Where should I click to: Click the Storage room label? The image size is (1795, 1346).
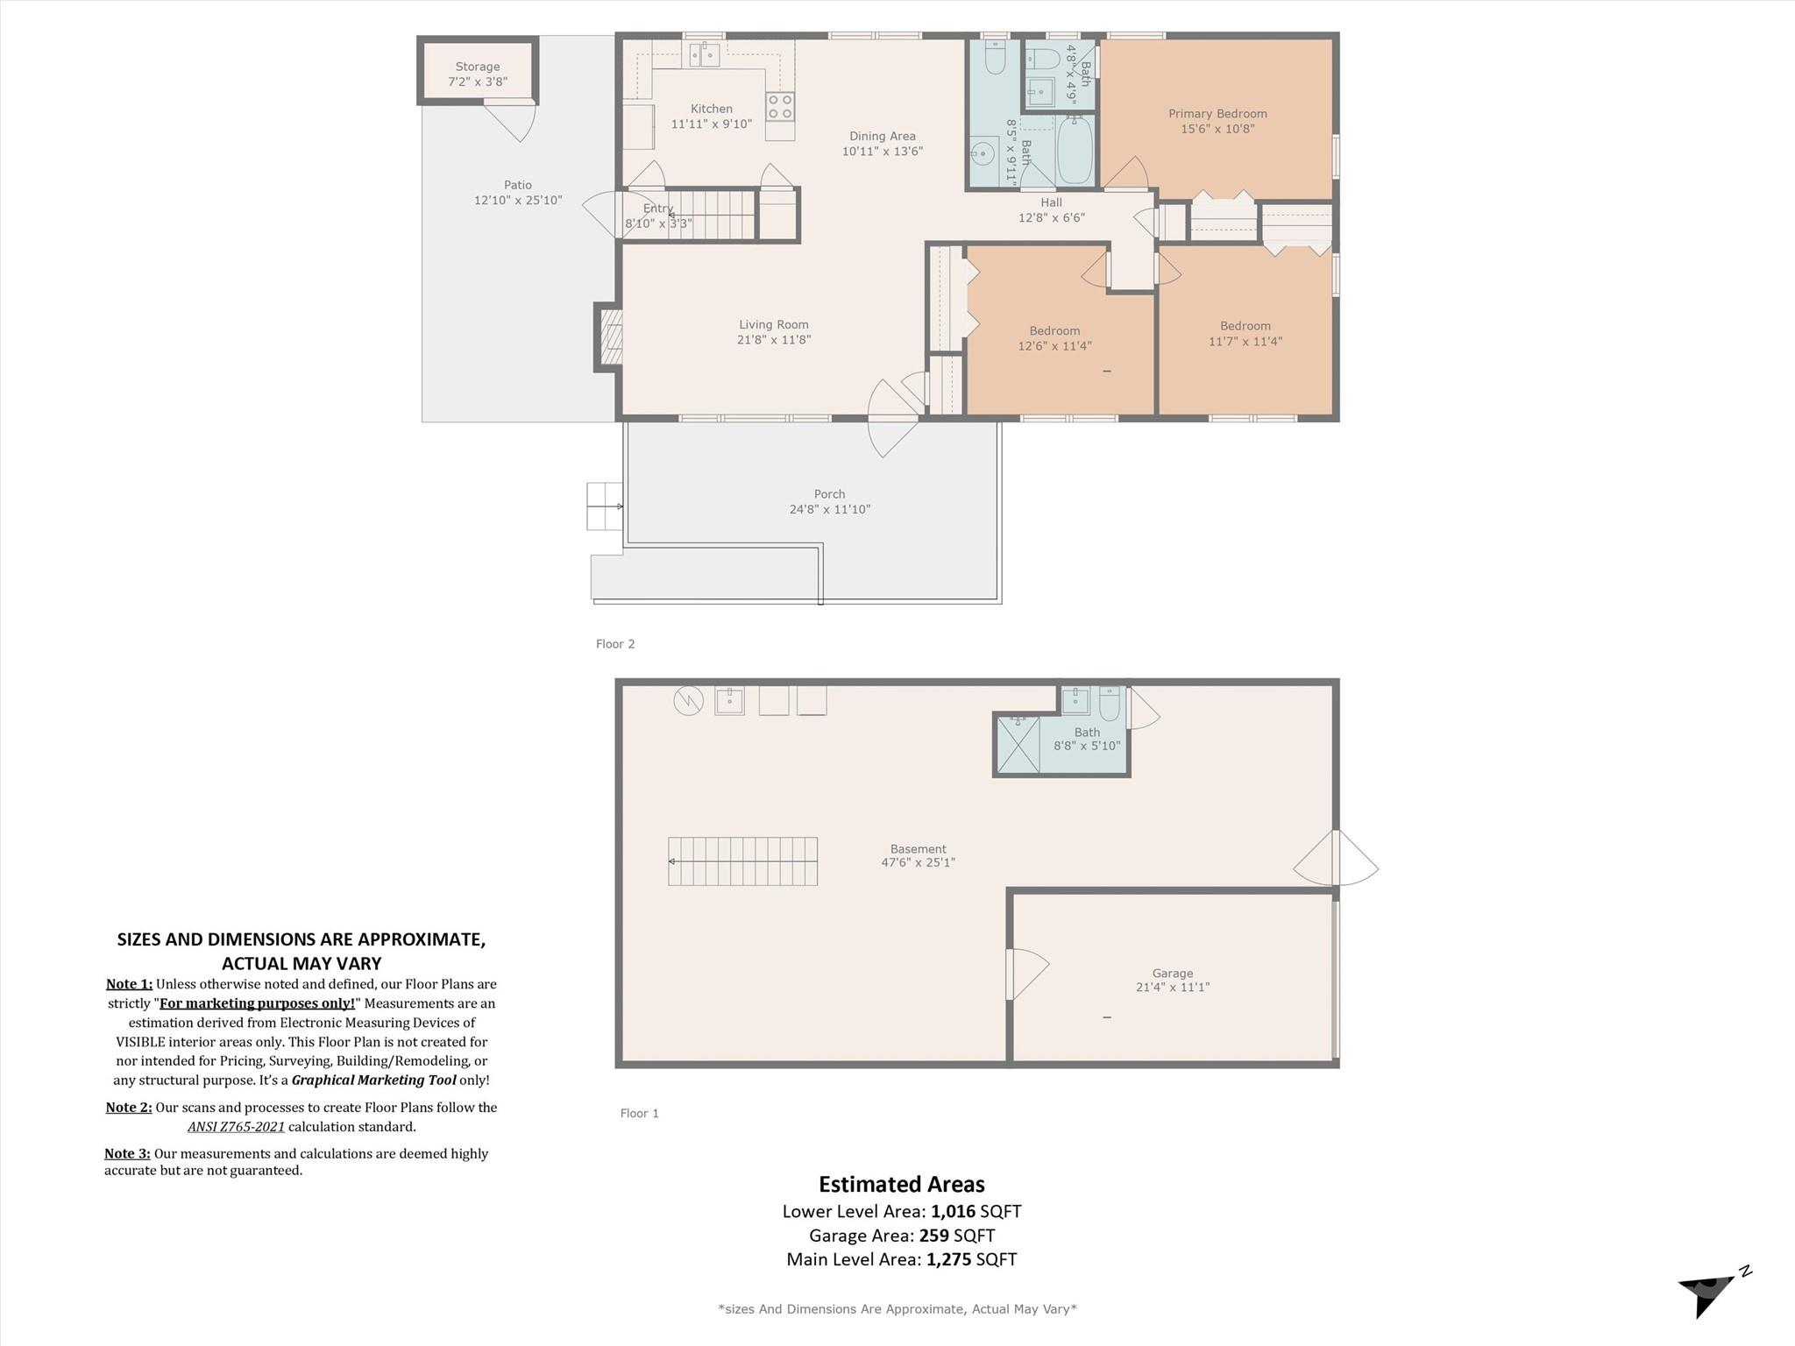tap(477, 67)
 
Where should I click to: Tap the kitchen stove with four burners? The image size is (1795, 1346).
tap(780, 107)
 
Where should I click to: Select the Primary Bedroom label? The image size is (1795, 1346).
tap(1217, 114)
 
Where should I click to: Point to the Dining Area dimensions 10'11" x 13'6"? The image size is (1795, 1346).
tap(882, 151)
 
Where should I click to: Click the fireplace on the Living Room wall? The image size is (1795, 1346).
tap(609, 336)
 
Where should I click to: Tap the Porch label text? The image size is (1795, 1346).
tap(829, 494)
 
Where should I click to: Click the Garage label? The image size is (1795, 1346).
tap(1173, 973)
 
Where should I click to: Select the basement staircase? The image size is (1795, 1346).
tap(743, 861)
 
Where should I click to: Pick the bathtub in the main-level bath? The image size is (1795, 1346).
tap(1075, 150)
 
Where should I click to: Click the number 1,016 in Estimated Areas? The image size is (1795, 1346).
tap(953, 1212)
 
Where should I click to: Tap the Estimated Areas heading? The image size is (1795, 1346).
tap(902, 1185)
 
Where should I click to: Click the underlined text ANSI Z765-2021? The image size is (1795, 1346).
tap(236, 1127)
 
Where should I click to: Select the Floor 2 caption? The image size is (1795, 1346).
tap(615, 644)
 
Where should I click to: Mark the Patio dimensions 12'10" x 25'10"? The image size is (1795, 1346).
tap(518, 200)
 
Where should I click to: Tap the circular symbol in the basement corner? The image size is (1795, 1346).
tap(688, 700)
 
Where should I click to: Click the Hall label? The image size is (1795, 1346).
tap(1051, 202)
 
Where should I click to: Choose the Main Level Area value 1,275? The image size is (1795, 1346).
tap(948, 1260)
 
